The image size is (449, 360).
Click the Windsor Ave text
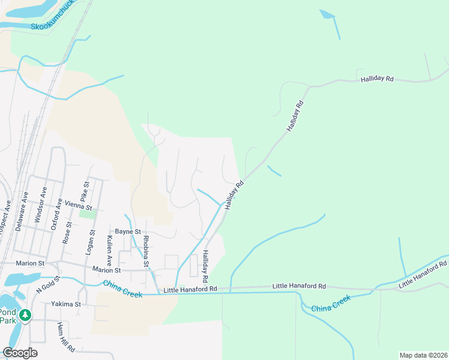coord(42,205)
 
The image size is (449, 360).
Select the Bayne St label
coord(127,232)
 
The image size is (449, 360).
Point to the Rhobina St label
coord(146,251)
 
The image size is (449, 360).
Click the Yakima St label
coord(65,304)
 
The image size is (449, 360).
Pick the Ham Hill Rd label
coord(65,337)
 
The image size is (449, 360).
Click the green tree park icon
coord(25,315)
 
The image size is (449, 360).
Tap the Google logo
coord(20,353)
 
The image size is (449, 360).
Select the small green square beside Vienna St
coord(88,214)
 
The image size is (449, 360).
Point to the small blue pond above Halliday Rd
coord(327,14)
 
